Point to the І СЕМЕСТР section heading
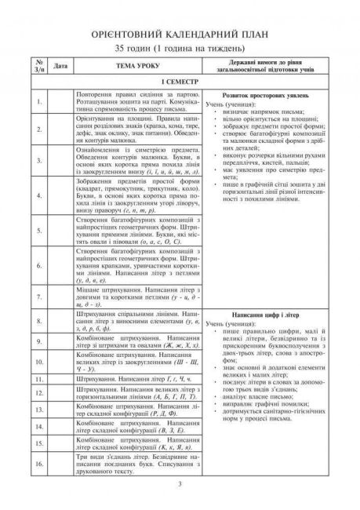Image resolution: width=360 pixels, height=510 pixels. [180, 81]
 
